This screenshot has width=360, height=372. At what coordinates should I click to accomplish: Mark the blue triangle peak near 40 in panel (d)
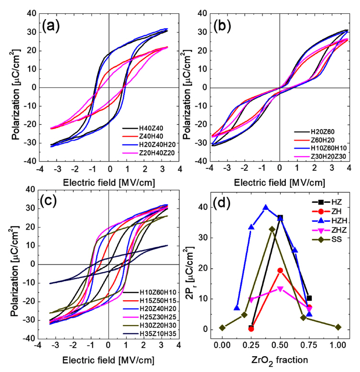pyautogui.click(x=266, y=208)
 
